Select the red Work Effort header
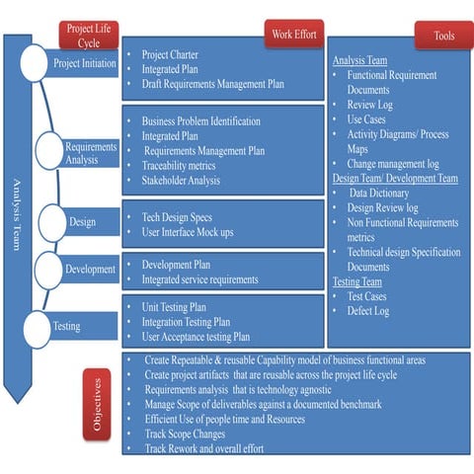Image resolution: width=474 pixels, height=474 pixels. [x=293, y=35]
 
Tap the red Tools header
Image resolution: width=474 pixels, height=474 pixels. [x=443, y=36]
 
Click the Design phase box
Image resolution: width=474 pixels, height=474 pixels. [x=83, y=222]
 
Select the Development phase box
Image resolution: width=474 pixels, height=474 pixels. [x=90, y=269]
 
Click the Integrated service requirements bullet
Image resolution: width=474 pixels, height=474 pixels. [x=200, y=279]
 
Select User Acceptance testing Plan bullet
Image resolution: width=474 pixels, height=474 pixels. [x=196, y=337]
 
